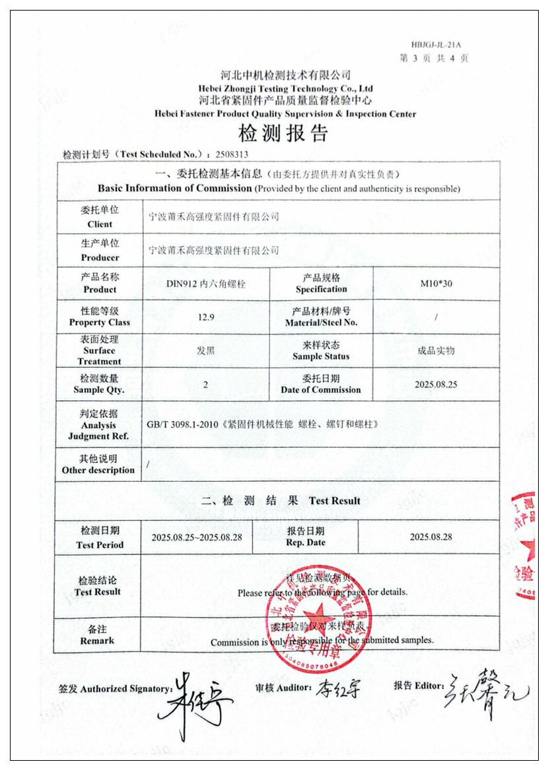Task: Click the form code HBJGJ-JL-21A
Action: point(436,45)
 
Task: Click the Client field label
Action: point(100,217)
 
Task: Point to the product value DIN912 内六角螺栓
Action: point(207,284)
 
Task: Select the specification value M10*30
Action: point(436,284)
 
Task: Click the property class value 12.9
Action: point(206,317)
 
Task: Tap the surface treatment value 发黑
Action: point(205,351)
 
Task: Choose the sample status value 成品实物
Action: point(436,351)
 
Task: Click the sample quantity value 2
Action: point(205,384)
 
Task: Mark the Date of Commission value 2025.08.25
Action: point(436,384)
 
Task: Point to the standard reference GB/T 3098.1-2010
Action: point(188,425)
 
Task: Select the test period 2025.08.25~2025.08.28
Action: point(197,537)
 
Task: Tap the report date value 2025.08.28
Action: point(430,537)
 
